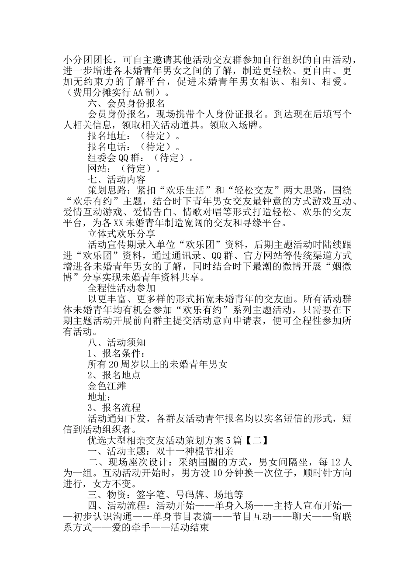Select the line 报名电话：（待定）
[x=134, y=147]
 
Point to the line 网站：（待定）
[x=124, y=169]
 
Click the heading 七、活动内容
[x=116, y=180]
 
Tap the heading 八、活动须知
[x=116, y=342]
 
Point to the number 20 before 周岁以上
[x=114, y=364]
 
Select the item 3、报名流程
[x=114, y=408]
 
